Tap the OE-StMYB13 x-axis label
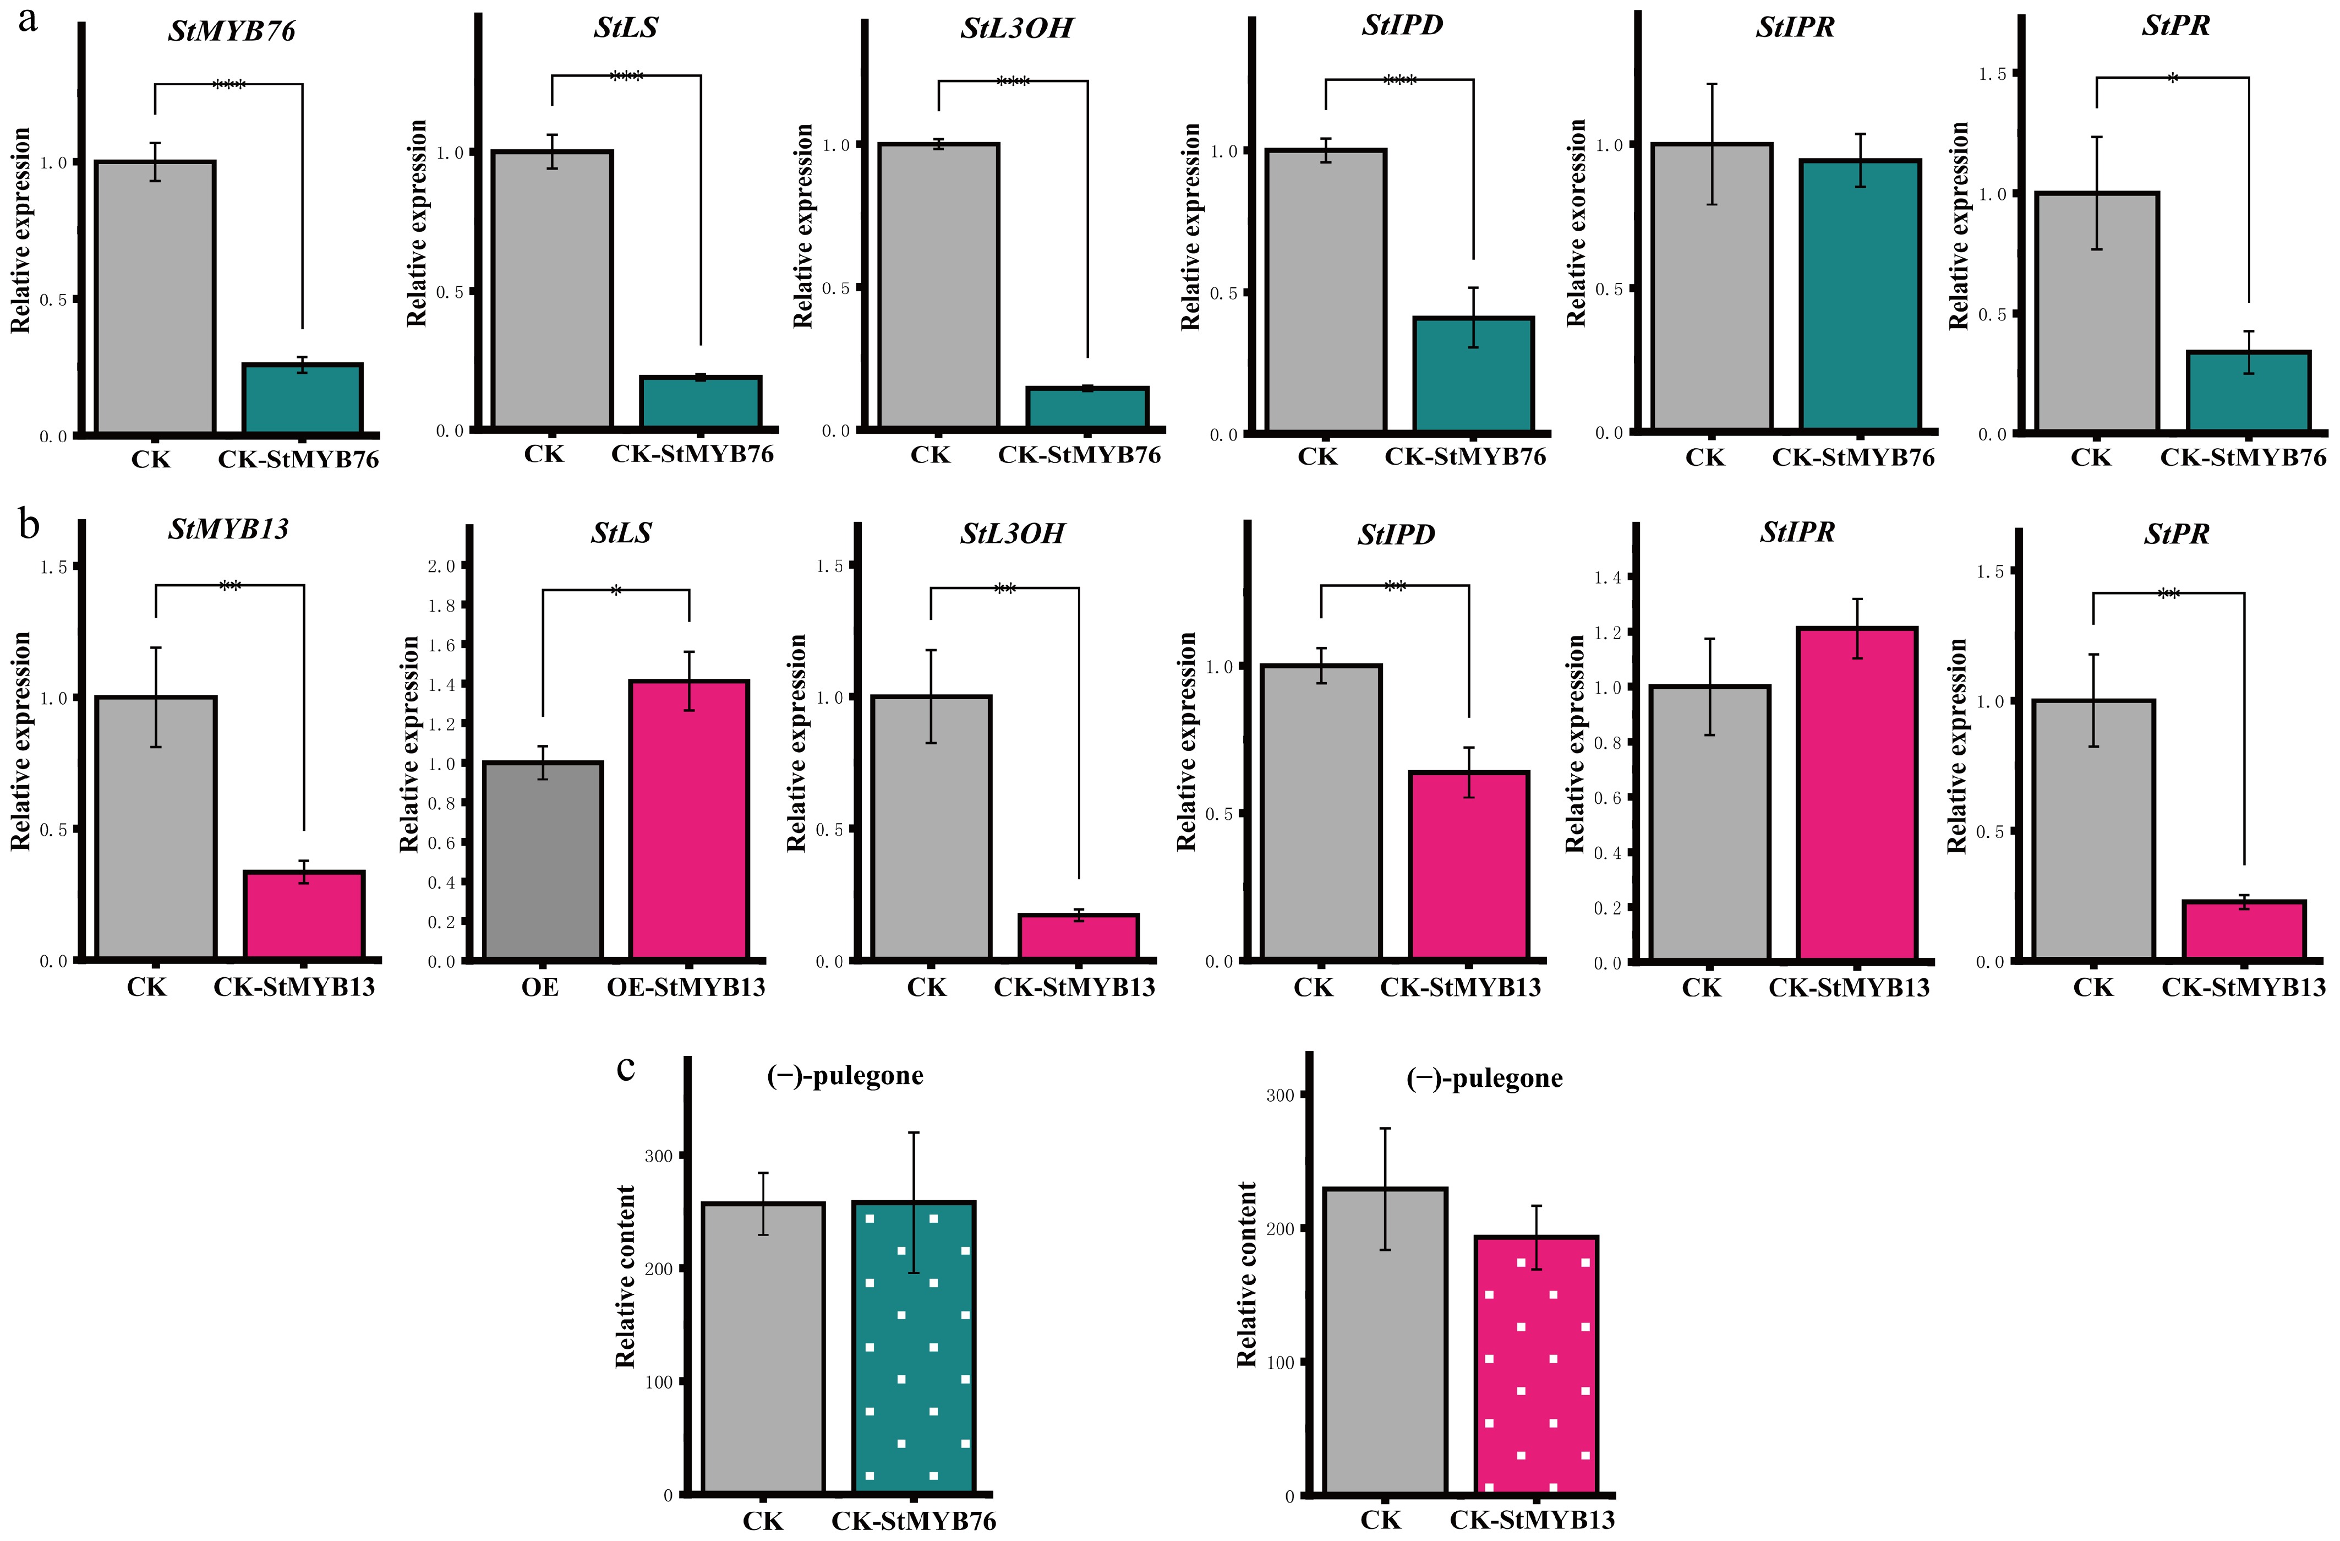pyautogui.click(x=685, y=987)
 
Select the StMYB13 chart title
pyautogui.click(x=228, y=529)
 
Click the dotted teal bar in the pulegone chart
pyautogui.click(x=914, y=1347)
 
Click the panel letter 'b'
pyautogui.click(x=30, y=526)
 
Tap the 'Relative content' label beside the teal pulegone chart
pyautogui.click(x=625, y=1277)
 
